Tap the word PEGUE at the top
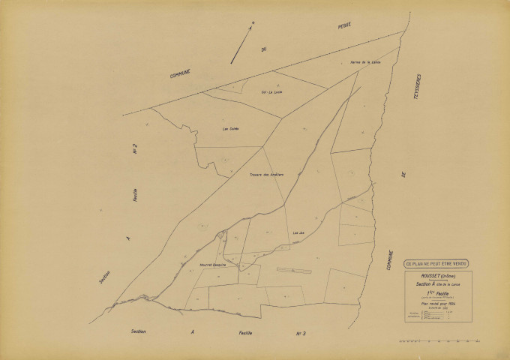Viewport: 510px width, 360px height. click(343, 25)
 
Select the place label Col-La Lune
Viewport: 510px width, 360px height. click(271, 92)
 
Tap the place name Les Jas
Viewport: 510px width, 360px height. click(298, 233)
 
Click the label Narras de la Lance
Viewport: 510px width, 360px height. click(366, 62)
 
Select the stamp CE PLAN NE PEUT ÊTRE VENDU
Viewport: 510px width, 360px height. click(436, 263)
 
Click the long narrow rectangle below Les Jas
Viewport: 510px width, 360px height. click(293, 269)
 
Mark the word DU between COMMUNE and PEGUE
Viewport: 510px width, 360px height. click(264, 50)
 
